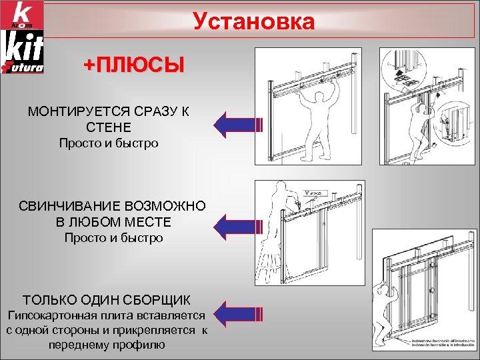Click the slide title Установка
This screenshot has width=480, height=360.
253,22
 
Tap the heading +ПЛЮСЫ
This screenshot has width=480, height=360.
133,65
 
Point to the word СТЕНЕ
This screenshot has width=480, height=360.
109,127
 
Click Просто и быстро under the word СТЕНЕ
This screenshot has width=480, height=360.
109,143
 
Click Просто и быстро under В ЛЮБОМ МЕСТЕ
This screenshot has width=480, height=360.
113,237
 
